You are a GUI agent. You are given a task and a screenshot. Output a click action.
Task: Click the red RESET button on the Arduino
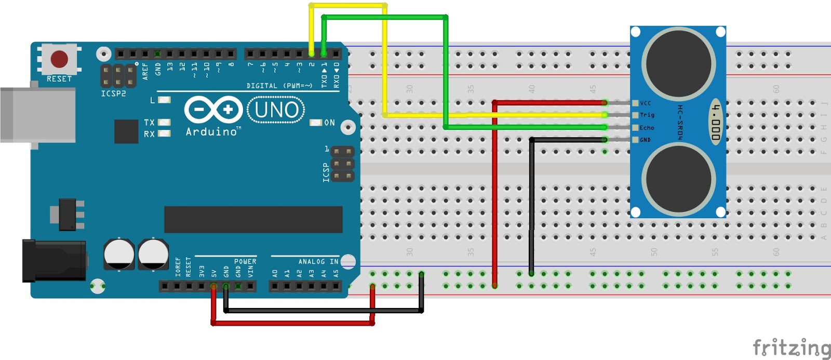point(59,59)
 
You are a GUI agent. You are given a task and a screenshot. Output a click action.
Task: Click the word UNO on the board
point(276,110)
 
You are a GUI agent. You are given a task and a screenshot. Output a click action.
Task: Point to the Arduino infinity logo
point(213,110)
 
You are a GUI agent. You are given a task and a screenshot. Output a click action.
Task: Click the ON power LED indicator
point(316,123)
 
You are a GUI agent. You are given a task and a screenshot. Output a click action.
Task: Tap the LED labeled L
point(164,100)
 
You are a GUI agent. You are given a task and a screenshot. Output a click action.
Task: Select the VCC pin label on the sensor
point(645,103)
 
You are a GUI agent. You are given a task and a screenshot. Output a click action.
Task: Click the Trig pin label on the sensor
point(647,115)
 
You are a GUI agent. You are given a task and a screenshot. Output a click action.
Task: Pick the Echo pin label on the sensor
point(647,127)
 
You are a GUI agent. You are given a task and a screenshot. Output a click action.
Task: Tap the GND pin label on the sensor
point(645,140)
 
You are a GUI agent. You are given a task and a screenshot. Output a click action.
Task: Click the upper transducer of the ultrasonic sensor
point(678,64)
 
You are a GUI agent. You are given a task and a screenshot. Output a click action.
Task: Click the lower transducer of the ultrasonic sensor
point(678,179)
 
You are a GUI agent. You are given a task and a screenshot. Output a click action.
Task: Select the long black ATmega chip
point(253,219)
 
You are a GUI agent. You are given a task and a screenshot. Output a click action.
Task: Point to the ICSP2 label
point(113,94)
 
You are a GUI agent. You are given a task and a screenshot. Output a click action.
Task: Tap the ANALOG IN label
point(318,261)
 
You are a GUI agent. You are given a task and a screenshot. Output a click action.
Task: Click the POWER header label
point(245,261)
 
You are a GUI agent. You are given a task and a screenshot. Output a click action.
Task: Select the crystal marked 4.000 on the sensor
point(716,122)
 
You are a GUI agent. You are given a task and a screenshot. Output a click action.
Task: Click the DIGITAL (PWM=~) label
point(279,86)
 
